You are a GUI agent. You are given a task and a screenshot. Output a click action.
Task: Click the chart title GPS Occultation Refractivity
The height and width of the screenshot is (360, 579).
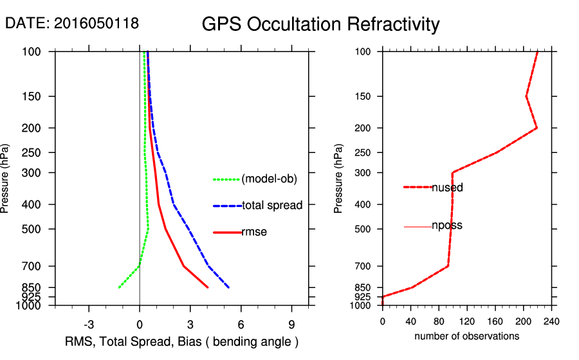[x=320, y=24]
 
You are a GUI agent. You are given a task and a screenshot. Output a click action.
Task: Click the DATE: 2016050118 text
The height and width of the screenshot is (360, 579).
[x=71, y=23]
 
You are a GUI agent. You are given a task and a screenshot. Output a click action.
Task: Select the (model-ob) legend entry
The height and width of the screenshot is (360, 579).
[x=269, y=179]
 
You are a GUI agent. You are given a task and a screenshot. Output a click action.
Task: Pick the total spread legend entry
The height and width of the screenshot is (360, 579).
[x=271, y=206]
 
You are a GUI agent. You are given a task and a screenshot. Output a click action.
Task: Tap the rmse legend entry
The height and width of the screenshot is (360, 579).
[x=253, y=232]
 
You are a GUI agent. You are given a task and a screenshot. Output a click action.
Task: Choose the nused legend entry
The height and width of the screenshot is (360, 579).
[x=447, y=187]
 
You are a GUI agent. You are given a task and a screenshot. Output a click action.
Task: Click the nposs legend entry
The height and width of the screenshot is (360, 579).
[x=446, y=226]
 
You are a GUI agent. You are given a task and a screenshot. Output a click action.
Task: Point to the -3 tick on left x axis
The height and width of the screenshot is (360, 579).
[x=89, y=324]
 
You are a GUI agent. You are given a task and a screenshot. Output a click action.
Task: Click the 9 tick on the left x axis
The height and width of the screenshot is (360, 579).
[x=291, y=324]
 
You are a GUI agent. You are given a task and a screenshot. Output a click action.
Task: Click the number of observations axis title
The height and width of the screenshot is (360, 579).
[x=466, y=336]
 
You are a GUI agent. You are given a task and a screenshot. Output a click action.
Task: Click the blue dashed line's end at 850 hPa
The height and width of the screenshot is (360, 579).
[x=228, y=287]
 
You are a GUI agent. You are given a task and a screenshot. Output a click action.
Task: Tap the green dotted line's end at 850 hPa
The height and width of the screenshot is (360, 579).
[x=119, y=287]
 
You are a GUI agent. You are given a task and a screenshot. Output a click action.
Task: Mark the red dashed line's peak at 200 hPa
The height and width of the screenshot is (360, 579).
[x=537, y=128]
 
